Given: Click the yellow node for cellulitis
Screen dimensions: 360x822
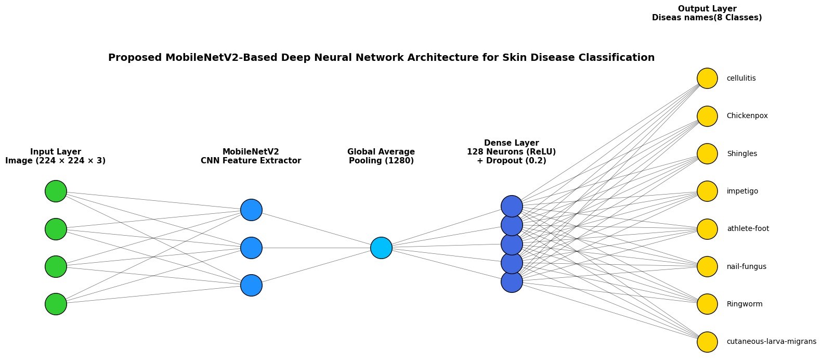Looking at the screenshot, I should coord(707,79).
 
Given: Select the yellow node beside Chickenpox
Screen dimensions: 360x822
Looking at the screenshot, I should coord(707,116).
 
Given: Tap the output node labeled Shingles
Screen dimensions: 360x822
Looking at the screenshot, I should coord(707,154).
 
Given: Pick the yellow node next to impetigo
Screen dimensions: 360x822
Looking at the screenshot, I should coord(707,191).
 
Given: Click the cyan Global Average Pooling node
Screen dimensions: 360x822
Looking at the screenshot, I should coord(381,248).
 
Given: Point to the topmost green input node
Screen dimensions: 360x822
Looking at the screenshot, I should coord(56,191).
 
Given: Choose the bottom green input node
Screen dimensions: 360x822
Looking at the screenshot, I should coord(56,304).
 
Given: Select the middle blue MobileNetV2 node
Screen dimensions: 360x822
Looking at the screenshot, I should coord(251,248).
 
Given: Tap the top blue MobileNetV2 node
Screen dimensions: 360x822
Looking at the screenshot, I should coord(251,210).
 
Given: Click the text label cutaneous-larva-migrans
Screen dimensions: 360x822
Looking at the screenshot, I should coord(771,342).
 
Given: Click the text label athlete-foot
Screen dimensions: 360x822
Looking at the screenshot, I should coord(748,229).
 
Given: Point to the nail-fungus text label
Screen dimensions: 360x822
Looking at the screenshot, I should coord(746,267).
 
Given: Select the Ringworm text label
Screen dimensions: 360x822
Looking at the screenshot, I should coord(745,304).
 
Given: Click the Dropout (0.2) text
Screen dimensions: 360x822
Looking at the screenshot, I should coord(511,161).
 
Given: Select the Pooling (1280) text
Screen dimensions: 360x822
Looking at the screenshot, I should coord(381,161).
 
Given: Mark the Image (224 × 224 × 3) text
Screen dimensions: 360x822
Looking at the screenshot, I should coord(56,161).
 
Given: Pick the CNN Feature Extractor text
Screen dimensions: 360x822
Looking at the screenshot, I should coord(251,161).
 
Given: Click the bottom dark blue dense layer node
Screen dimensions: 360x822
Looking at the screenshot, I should coord(512,281).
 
